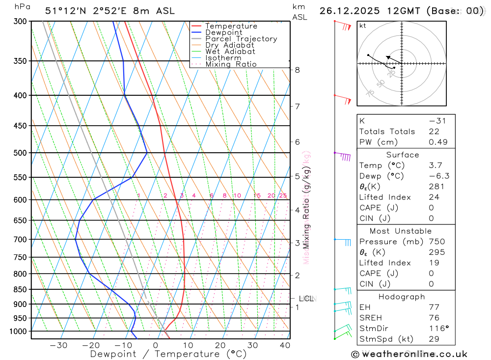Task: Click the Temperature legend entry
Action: coord(231,26)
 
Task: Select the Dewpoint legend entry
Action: coord(224,32)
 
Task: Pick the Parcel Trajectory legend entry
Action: coord(241,39)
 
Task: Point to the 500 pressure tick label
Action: coord(20,153)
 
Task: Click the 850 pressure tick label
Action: coord(20,289)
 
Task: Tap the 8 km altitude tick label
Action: coord(298,70)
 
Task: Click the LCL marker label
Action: coord(306,298)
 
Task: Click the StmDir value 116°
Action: coord(438,328)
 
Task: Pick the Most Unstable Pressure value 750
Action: coord(436,242)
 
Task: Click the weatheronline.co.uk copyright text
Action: coord(409,354)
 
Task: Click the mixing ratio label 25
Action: coord(282,195)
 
